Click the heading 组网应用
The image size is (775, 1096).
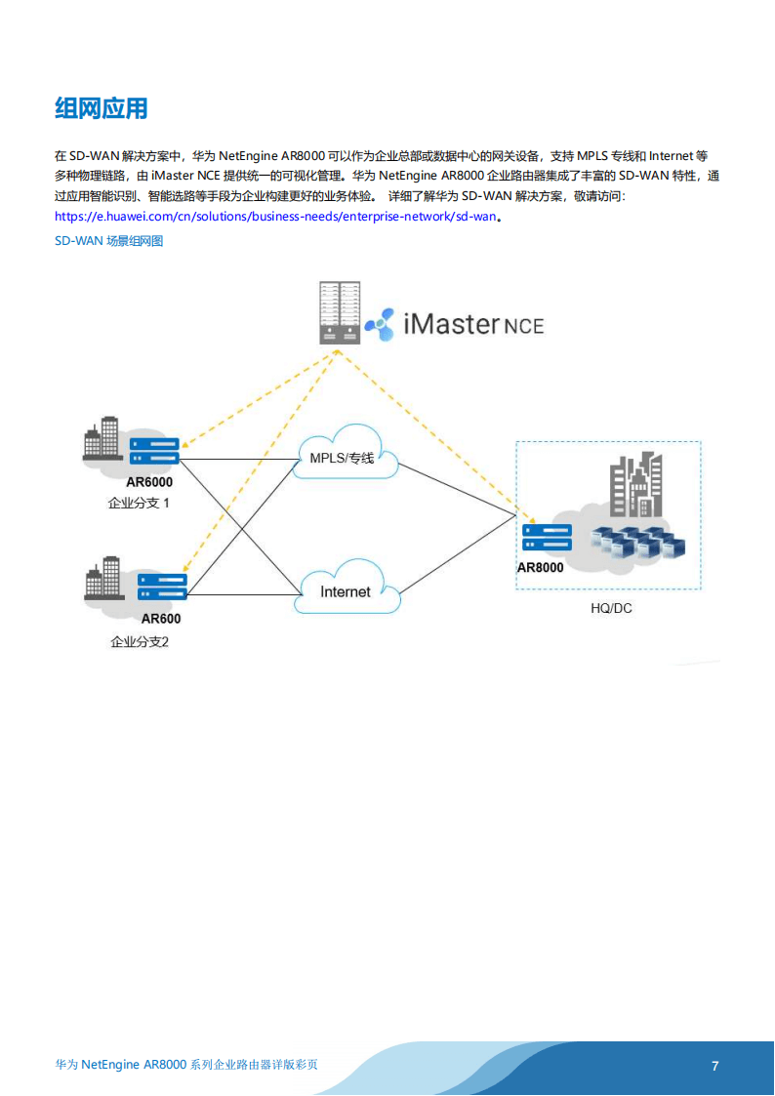pos(102,108)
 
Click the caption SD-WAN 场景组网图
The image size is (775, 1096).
pos(109,240)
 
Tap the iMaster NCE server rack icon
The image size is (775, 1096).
pos(339,312)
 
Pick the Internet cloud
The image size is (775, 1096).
pos(347,590)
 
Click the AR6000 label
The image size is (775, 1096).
pos(149,481)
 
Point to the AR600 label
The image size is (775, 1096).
pos(160,618)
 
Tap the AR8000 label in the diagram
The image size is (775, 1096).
pos(541,567)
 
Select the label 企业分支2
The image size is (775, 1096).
pos(140,642)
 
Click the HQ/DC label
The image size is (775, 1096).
pos(612,608)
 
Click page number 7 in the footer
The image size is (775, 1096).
pos(715,1066)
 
